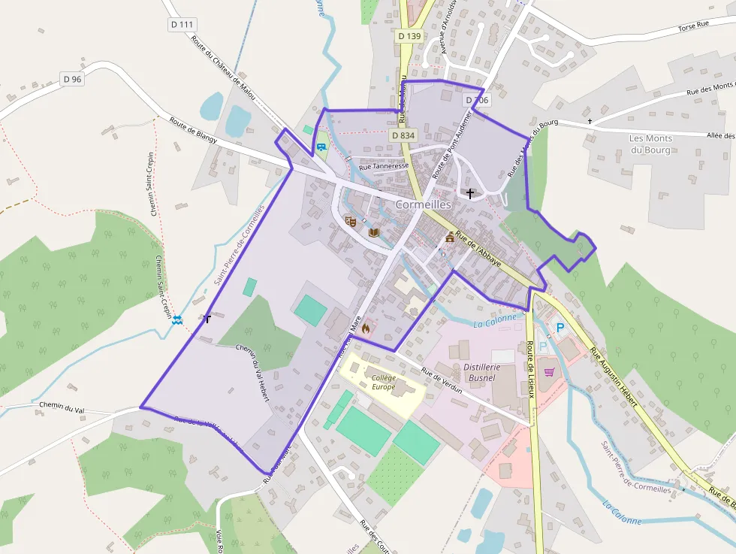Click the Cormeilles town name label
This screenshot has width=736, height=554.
click(423, 204)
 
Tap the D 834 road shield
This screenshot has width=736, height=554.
click(403, 135)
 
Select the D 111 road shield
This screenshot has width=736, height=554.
click(181, 25)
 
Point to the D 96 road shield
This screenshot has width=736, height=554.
click(72, 79)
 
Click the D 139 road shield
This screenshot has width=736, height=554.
click(410, 35)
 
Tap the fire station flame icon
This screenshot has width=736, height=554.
click(366, 328)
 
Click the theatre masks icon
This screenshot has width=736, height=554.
click(349, 221)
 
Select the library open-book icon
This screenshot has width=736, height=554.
click(374, 232)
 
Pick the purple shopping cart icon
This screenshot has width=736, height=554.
click(549, 371)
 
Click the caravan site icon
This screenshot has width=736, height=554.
click(321, 146)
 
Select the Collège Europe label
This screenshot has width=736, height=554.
click(383, 382)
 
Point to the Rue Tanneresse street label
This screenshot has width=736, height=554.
click(384, 166)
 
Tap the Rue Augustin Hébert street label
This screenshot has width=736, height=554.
click(614, 377)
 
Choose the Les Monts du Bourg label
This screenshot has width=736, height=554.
click(651, 144)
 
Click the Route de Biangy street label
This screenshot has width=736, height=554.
click(193, 129)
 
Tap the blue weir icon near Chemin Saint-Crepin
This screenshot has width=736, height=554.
click(176, 320)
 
